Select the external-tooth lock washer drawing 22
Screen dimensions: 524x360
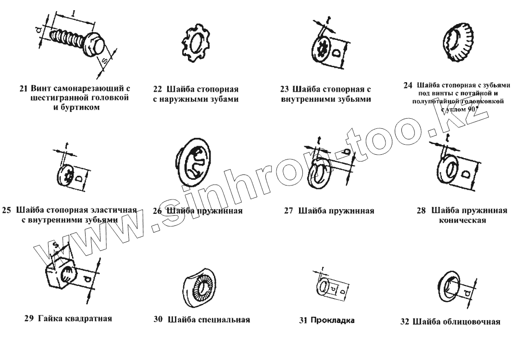click(x=195, y=44)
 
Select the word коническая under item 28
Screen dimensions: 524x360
click(x=461, y=221)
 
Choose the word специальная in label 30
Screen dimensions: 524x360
click(x=223, y=320)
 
